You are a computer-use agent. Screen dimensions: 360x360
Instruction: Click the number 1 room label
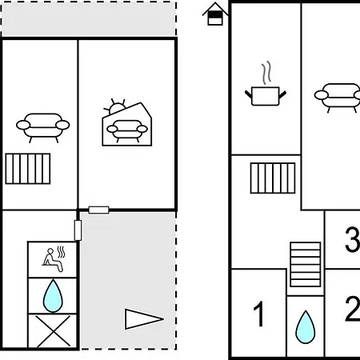coord(258,314)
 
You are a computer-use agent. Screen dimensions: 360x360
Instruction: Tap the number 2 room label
coord(353,309)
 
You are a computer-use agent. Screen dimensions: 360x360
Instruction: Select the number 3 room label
coord(353,239)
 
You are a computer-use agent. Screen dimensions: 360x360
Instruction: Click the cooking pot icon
coord(266,96)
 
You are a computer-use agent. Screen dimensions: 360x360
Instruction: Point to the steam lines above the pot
coord(266,73)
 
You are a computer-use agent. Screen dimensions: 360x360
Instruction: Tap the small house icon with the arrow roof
coord(215,14)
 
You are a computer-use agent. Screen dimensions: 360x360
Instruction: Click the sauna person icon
coord(54,259)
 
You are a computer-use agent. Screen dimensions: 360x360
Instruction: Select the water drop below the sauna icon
coord(53,296)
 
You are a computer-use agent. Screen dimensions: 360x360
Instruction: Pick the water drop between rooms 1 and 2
coord(306,327)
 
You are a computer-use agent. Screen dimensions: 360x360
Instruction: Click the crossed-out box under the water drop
coord(53,331)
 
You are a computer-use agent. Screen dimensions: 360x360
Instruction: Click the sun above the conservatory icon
coord(115,106)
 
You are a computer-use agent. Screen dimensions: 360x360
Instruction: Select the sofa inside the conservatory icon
coord(127,130)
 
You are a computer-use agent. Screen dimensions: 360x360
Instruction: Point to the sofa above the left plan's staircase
coord(43,127)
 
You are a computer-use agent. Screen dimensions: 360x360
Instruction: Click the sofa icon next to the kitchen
coord(338,98)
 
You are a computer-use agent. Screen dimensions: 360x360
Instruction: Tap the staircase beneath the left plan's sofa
coord(28,169)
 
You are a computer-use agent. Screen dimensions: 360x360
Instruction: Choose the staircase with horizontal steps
coord(306,264)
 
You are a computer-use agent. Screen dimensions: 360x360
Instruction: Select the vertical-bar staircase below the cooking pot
coord(273,178)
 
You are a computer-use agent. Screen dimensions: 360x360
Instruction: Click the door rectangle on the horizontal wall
coord(98,210)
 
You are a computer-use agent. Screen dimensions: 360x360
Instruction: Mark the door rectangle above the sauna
coord(78,230)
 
